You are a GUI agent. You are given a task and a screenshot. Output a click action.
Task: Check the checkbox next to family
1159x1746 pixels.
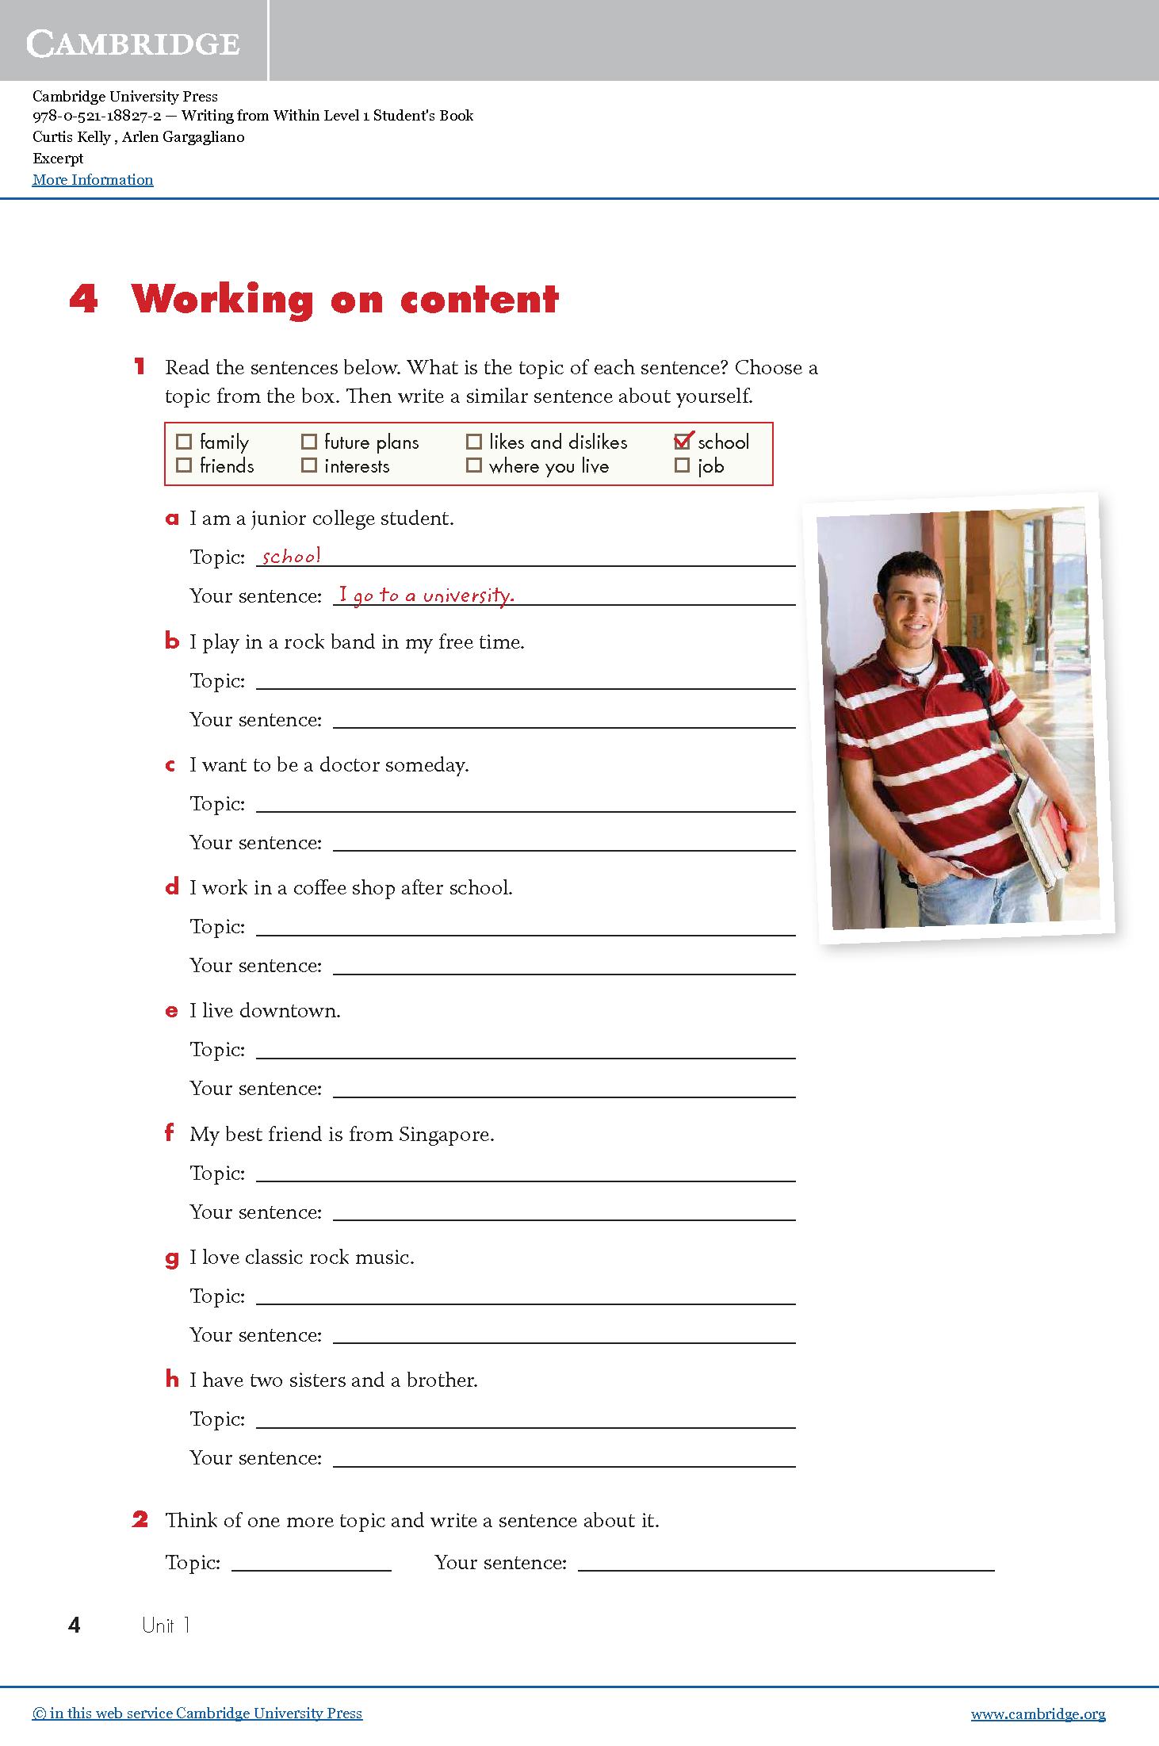tap(184, 442)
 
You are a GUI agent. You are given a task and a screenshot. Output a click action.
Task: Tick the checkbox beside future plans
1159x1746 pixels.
tap(309, 442)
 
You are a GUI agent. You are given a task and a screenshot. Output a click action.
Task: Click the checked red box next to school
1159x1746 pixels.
tap(682, 441)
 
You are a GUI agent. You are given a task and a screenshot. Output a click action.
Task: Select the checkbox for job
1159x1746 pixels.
tap(682, 465)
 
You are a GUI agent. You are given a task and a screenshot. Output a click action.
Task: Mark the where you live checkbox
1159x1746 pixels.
tap(474, 465)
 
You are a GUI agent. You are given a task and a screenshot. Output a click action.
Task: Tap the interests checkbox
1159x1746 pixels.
tap(309, 465)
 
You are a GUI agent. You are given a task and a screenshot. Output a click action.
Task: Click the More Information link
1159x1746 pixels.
tap(93, 180)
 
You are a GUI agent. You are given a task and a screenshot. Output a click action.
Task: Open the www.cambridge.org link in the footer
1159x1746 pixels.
tap(1038, 1713)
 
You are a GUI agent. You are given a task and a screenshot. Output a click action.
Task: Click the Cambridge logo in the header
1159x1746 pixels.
tap(133, 44)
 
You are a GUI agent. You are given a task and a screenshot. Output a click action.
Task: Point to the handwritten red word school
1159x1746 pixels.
tap(291, 556)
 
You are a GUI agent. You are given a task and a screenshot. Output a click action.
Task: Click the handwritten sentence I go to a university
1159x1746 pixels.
tap(426, 595)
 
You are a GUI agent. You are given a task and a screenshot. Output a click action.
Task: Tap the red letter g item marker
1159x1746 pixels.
tap(172, 1258)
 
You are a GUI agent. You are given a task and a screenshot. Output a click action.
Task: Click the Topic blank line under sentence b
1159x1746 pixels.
tap(525, 683)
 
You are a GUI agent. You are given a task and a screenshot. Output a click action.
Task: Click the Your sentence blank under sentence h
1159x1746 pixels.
tap(563, 1461)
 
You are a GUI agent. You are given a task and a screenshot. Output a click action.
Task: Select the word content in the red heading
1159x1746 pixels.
tap(480, 300)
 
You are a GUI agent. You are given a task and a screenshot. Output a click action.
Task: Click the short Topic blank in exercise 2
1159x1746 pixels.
tap(311, 1565)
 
